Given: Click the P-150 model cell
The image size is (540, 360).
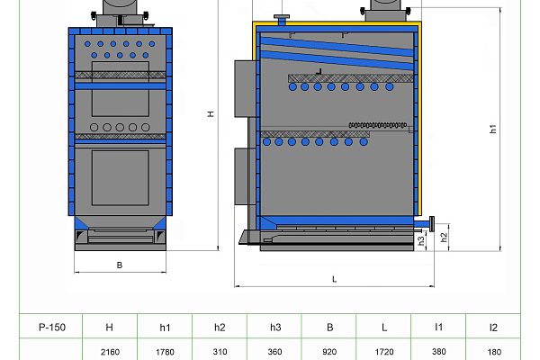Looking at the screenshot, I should click(50, 328).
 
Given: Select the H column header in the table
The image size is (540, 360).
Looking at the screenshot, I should click(109, 328).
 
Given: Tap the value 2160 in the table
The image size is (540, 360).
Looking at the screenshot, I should click(109, 352).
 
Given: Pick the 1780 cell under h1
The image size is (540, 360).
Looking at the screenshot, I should click(165, 352).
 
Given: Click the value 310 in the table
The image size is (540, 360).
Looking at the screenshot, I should click(220, 352).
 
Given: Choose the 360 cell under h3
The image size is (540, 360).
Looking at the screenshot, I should click(274, 352).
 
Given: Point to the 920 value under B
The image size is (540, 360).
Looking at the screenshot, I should click(329, 352).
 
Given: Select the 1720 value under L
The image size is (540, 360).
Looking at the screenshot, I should click(384, 352).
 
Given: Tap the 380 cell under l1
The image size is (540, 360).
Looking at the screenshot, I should click(439, 352).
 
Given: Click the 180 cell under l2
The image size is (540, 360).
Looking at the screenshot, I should click(493, 352).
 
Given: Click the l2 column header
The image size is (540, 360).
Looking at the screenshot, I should click(493, 328).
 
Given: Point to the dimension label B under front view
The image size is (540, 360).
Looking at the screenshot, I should click(119, 265).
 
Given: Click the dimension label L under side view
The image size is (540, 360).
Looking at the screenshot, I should click(334, 279).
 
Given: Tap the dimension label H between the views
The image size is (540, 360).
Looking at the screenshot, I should click(210, 114).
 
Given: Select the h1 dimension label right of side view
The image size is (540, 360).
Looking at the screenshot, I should click(493, 129).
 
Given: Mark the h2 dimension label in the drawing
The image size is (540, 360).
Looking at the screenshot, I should click(444, 236).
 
